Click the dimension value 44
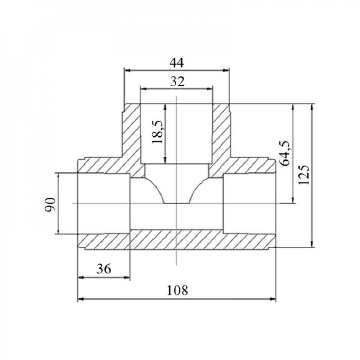176,63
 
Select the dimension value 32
177,81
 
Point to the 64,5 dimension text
285,153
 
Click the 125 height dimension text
304,175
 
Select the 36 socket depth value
104,269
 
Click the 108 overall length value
177,291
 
